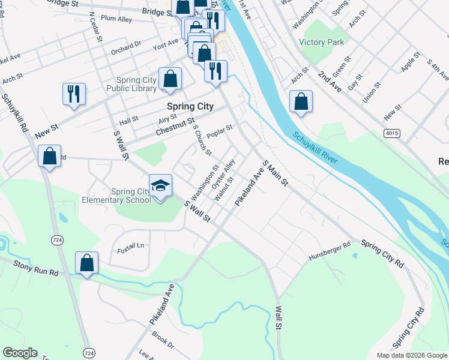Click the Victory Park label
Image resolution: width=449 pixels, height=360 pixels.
pos(322,43)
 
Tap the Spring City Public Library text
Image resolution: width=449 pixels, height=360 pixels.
pos(131,85)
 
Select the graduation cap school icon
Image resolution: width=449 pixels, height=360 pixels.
pos(160,185)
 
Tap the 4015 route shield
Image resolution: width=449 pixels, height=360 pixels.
pos(392,133)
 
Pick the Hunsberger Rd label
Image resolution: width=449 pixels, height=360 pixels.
pos(329,251)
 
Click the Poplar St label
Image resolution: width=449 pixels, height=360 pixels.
pos(219,131)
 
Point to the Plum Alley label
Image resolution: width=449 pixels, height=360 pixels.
pos(116,19)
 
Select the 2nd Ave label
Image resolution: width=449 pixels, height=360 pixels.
pos(330,80)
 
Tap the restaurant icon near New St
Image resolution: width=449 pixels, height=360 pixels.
pos(74,94)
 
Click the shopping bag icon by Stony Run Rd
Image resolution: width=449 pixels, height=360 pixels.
pos(87,262)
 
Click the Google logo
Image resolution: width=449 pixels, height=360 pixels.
pos(20,353)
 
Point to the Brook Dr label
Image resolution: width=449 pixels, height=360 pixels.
pos(162,340)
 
